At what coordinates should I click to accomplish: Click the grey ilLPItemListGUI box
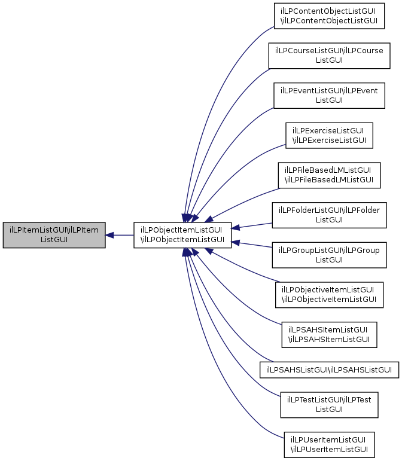pyautogui.click(x=54, y=235)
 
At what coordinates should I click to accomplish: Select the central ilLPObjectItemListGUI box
pyautogui.click(x=182, y=235)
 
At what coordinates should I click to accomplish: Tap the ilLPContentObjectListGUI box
pyautogui.click(x=329, y=16)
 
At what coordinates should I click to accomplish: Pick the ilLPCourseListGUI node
pyautogui.click(x=329, y=56)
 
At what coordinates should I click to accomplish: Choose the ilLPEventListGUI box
pyautogui.click(x=329, y=96)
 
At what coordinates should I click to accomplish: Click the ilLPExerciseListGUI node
pyautogui.click(x=329, y=136)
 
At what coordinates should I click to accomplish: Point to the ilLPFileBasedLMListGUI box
pyautogui.click(x=329, y=175)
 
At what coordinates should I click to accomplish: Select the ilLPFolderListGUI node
pyautogui.click(x=329, y=215)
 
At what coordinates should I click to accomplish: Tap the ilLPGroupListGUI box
pyautogui.click(x=329, y=255)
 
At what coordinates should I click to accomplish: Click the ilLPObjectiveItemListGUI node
pyautogui.click(x=329, y=295)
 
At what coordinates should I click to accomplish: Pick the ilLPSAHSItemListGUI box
pyautogui.click(x=329, y=335)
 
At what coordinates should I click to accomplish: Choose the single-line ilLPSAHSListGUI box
pyautogui.click(x=329, y=370)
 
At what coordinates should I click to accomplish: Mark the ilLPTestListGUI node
pyautogui.click(x=329, y=405)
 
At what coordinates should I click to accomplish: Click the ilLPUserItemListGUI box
pyautogui.click(x=329, y=445)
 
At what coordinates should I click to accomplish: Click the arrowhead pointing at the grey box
pyautogui.click(x=109, y=235)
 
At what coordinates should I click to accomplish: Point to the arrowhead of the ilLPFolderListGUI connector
pyautogui.click(x=236, y=227)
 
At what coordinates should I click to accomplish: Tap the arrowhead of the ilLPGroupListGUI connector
pyautogui.click(x=236, y=243)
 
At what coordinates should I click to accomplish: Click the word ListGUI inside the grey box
pyautogui.click(x=54, y=240)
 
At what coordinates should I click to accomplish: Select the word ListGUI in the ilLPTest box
pyautogui.click(x=329, y=410)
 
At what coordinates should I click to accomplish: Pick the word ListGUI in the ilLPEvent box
pyautogui.click(x=329, y=100)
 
